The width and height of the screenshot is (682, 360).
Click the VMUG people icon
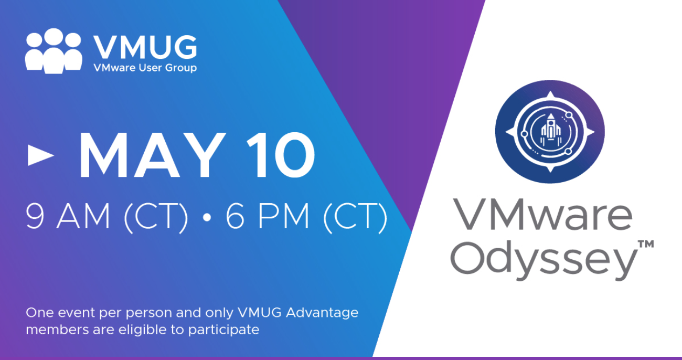54,51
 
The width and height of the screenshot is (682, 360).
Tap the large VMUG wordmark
145,47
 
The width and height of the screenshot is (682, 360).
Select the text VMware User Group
145,68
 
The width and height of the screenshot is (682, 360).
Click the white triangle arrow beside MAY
41,155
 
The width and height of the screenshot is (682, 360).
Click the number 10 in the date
281,155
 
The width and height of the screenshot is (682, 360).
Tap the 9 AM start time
68,216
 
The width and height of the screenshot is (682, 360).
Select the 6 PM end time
267,216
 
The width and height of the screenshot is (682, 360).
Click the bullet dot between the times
207,217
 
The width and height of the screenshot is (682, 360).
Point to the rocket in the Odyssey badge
550,130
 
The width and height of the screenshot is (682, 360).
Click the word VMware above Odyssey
542,215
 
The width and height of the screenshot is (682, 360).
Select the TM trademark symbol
646,244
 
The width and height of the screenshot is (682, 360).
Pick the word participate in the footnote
223,330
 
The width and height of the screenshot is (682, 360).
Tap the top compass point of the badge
550,94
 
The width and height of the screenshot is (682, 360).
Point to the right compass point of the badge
590,132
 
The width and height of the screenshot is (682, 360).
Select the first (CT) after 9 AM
156,217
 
